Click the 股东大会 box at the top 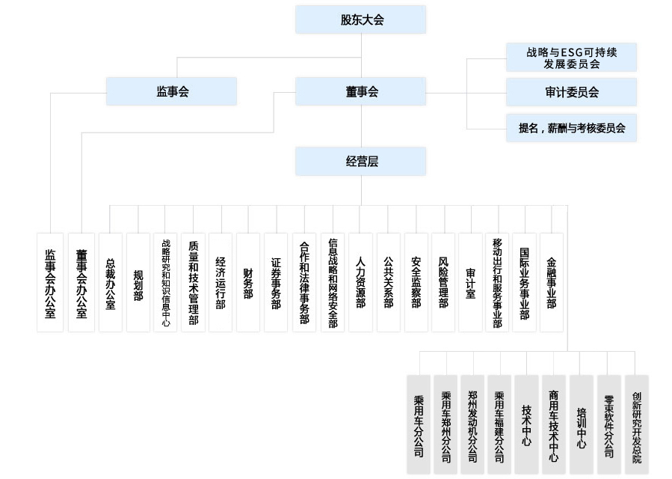pyautogui.click(x=360, y=19)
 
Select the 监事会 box pyautogui.click(x=171, y=91)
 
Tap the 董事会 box pyautogui.click(x=360, y=91)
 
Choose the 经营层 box pyautogui.click(x=360, y=161)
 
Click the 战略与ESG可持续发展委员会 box pyautogui.click(x=571, y=58)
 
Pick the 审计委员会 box pyautogui.click(x=571, y=92)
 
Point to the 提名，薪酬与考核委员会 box pyautogui.click(x=571, y=128)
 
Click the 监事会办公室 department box pyautogui.click(x=50, y=282)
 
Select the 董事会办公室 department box pyautogui.click(x=81, y=282)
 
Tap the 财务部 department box pyautogui.click(x=248, y=282)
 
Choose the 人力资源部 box pyautogui.click(x=360, y=282)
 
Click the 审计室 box pyautogui.click(x=470, y=282)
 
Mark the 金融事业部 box pyautogui.click(x=552, y=282)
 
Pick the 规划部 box pyautogui.click(x=138, y=282)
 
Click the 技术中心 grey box pyautogui.click(x=526, y=424)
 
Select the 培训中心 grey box pyautogui.click(x=581, y=424)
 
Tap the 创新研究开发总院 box pyautogui.click(x=636, y=424)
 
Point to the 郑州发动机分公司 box pyautogui.click(x=472, y=424)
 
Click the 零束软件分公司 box pyautogui.click(x=608, y=424)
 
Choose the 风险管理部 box pyautogui.click(x=443, y=282)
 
